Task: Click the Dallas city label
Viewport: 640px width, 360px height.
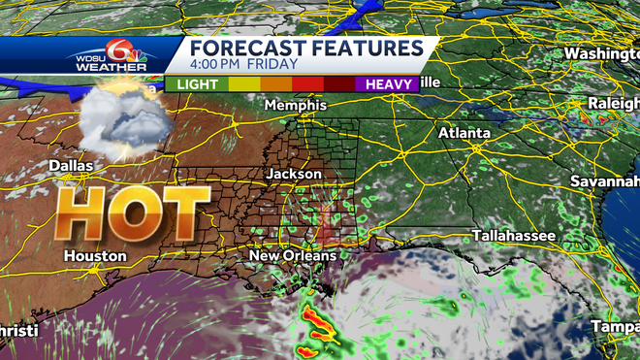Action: [72, 166]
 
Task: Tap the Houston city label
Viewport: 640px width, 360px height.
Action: [95, 255]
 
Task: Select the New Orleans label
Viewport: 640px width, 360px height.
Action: [293, 255]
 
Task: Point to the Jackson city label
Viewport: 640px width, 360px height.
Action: [294, 173]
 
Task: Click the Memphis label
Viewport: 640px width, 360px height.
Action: [290, 105]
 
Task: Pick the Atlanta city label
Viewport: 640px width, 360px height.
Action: [463, 132]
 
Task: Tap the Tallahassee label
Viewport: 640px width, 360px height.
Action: [514, 236]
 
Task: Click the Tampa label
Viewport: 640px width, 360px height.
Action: [615, 326]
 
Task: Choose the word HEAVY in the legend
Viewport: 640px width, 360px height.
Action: [386, 84]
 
